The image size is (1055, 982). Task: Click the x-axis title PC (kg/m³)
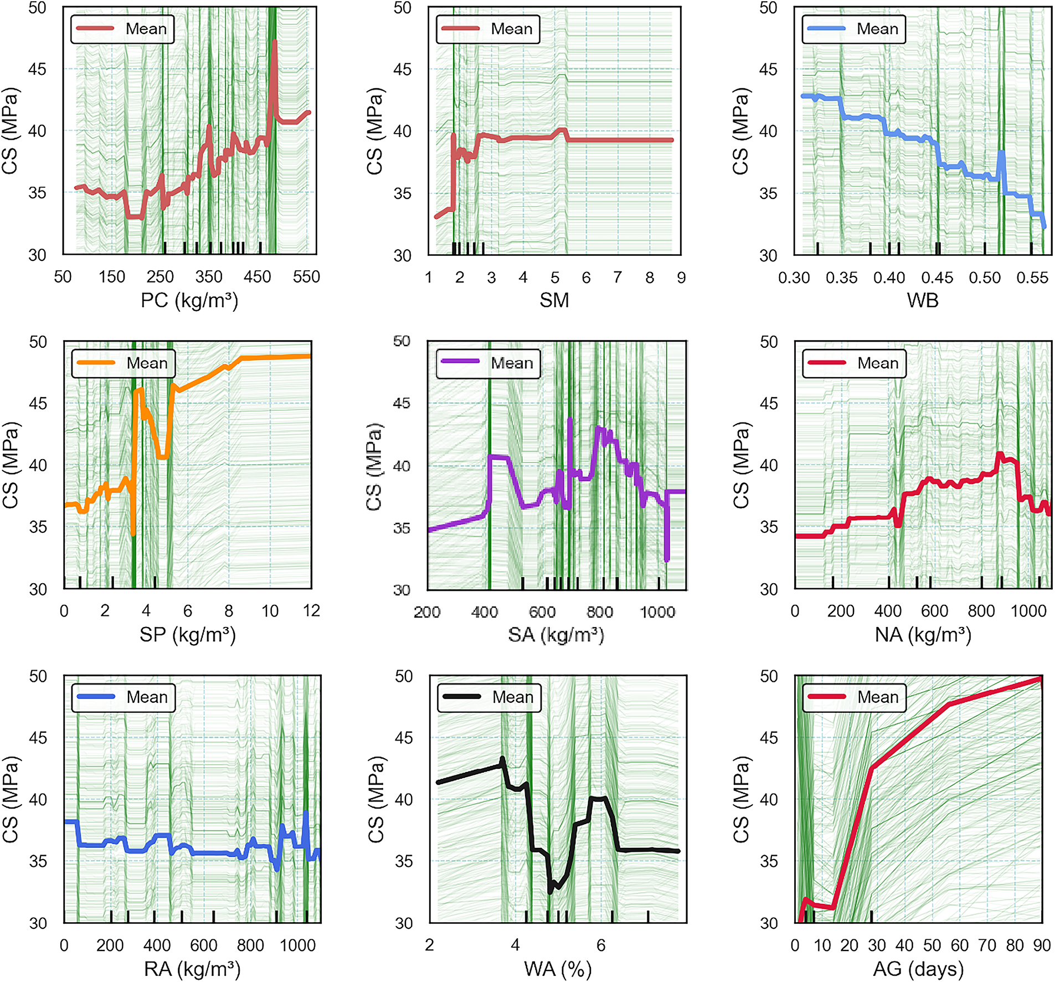tap(189, 301)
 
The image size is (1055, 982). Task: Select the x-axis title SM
tap(554, 301)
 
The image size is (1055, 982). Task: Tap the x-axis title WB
tap(923, 301)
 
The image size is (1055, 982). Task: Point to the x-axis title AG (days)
tap(919, 969)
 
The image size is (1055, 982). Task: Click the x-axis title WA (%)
tap(558, 969)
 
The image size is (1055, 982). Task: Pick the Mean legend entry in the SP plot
tap(123, 363)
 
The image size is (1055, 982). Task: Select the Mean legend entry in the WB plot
tap(854, 29)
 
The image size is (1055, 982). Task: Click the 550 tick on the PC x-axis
tap(306, 277)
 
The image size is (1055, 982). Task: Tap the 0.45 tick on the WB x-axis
tap(937, 277)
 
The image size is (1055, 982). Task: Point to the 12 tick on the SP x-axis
tap(311, 611)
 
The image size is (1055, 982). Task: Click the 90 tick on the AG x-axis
tap(1042, 945)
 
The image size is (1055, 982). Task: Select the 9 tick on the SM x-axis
tap(681, 277)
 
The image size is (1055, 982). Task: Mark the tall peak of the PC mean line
tap(275, 42)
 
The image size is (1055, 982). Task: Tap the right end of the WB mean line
tap(1044, 227)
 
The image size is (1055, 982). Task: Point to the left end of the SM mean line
tap(436, 217)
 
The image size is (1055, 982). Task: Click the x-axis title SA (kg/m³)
tap(556, 635)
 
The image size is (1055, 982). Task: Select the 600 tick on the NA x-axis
tap(934, 611)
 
